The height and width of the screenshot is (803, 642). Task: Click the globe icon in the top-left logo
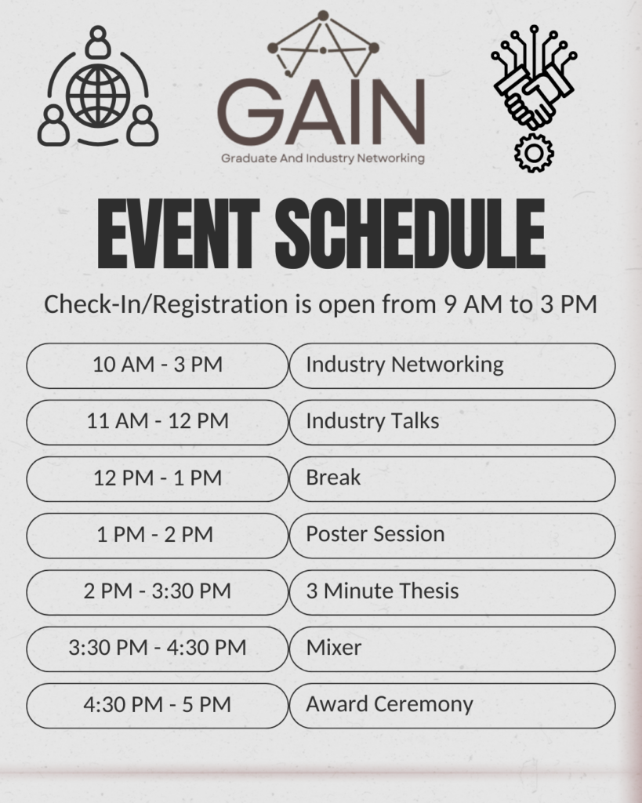[98, 95]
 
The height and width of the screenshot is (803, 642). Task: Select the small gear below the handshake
[534, 153]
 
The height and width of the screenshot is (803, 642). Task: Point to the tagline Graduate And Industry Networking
[322, 158]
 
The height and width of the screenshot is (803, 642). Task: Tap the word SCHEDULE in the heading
[410, 234]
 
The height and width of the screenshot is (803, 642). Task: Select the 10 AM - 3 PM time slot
[158, 365]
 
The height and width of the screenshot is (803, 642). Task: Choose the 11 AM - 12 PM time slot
[158, 421]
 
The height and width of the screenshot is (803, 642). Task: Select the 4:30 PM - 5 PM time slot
[158, 705]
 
